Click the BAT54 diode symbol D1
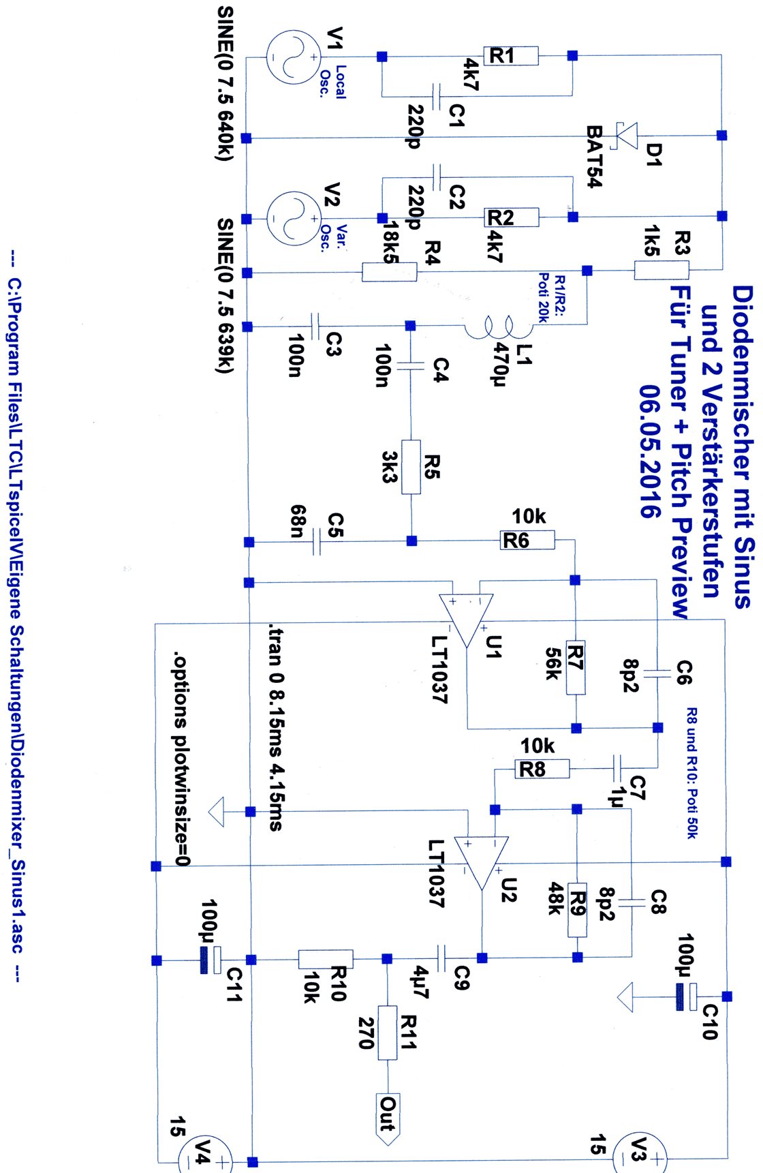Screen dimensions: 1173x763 click(627, 136)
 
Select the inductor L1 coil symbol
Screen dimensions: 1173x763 click(499, 329)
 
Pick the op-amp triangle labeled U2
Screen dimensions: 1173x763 click(482, 862)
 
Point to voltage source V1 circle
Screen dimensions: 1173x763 click(293, 57)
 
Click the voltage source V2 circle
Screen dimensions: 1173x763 click(293, 219)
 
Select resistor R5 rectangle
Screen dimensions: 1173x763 click(411, 467)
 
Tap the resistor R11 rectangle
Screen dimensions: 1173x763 click(387, 1032)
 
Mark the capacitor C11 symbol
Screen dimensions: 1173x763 click(211, 960)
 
